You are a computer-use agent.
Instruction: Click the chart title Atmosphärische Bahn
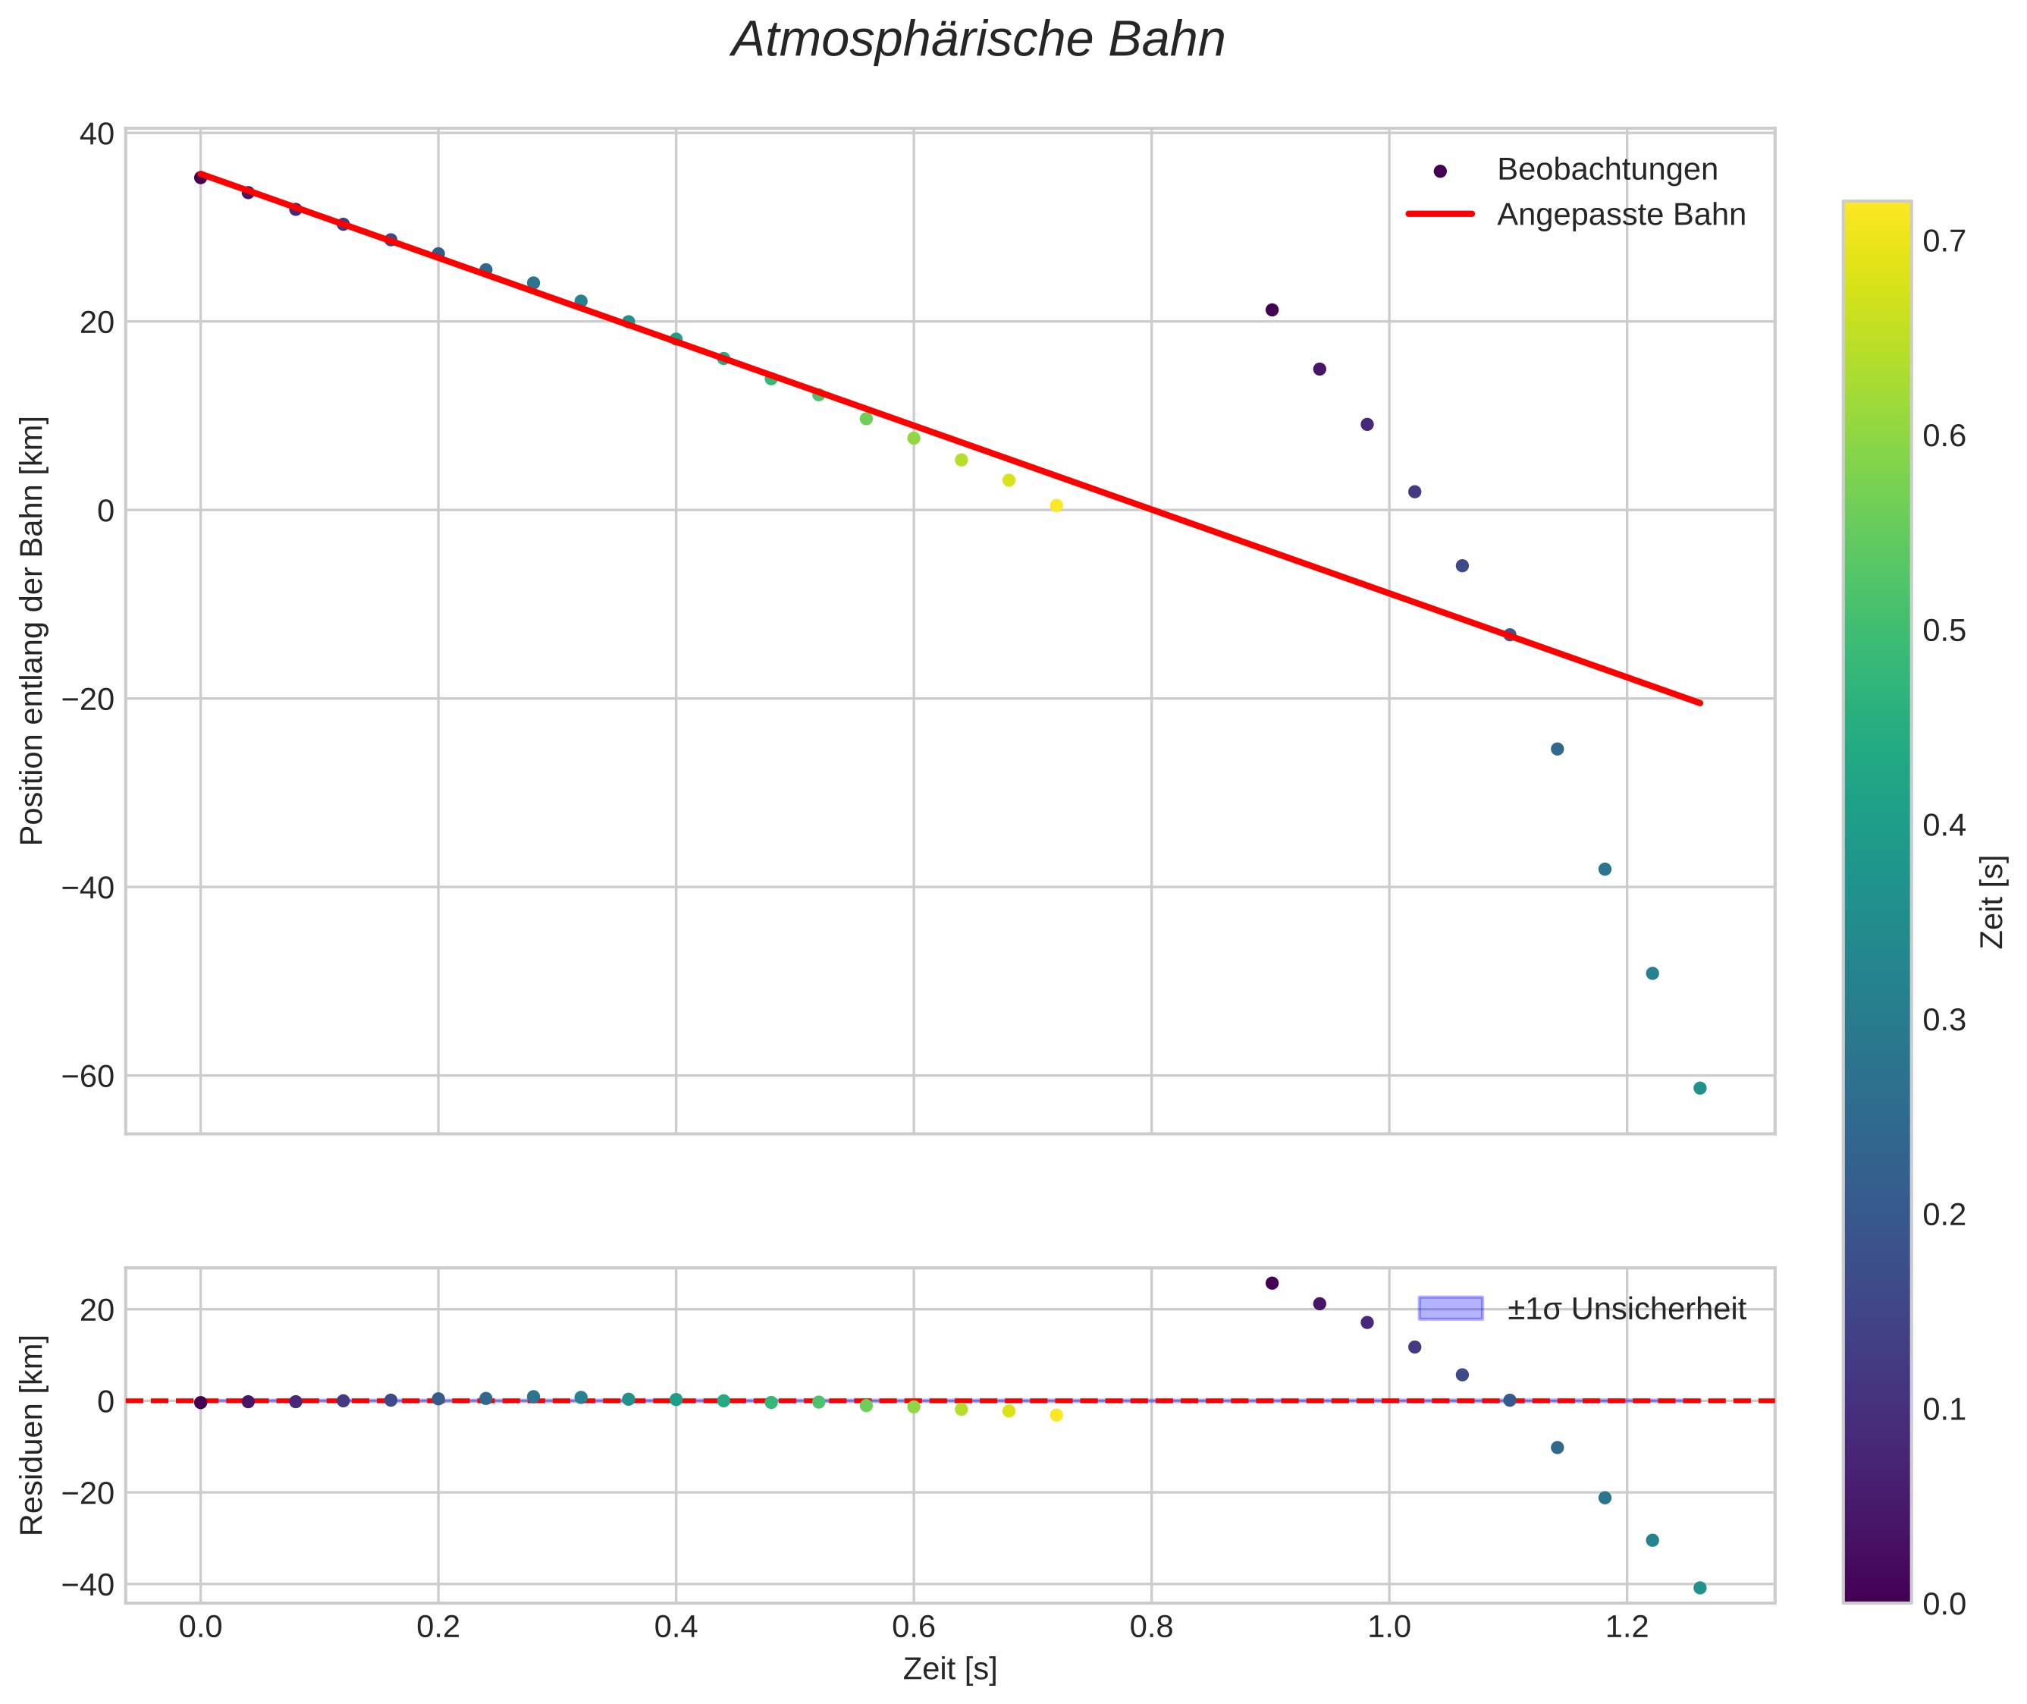[977, 40]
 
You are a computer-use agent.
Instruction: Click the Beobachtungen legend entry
[1606, 169]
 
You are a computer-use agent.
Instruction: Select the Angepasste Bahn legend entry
[1621, 215]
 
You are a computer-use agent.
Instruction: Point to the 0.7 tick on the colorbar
[1943, 241]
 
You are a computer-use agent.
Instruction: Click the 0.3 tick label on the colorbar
[1943, 1020]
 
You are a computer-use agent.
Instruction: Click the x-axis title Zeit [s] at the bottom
[949, 1669]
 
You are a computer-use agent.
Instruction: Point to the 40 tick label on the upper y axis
[96, 134]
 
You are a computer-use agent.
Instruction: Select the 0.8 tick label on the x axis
[1151, 1627]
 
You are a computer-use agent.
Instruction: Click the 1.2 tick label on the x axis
[1627, 1627]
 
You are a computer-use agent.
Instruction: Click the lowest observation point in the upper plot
[1699, 1088]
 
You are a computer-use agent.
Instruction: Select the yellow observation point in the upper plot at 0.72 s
[1056, 505]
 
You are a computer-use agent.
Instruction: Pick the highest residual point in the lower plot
[1272, 1283]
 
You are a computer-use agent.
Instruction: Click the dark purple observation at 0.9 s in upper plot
[1272, 309]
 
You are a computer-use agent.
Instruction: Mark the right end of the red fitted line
[1699, 703]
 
